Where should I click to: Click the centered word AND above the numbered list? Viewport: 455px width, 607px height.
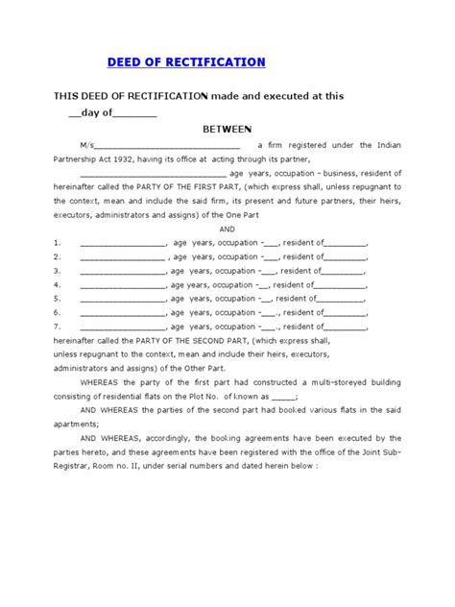pos(227,230)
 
